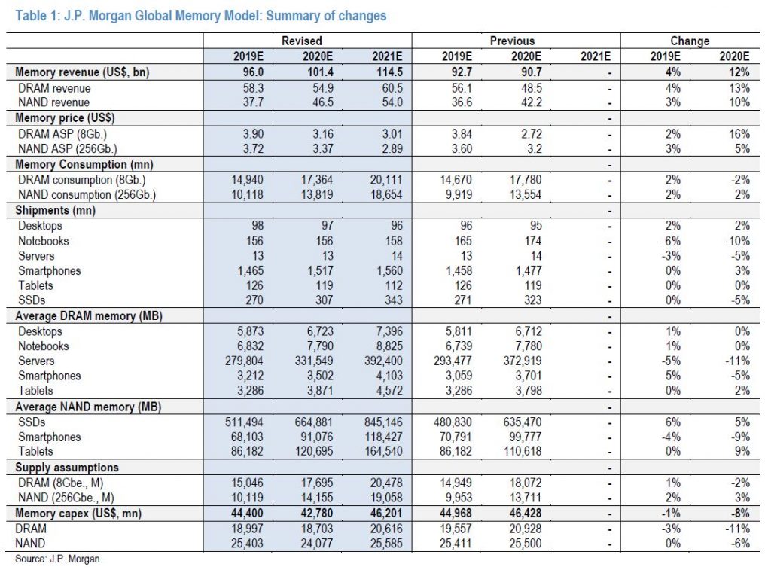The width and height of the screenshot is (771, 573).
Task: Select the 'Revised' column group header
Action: pos(302,41)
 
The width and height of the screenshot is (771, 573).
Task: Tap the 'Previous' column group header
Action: pos(512,41)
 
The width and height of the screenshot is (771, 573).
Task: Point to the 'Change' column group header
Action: pos(690,41)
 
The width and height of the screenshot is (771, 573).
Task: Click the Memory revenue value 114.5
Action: pos(389,72)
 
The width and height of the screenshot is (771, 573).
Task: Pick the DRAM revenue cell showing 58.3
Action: pos(253,88)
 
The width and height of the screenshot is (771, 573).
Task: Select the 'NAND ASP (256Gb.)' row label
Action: pos(67,148)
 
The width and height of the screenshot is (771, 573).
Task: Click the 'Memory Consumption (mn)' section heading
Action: pos(84,164)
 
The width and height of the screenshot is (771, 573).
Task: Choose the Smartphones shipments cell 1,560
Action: pos(386,270)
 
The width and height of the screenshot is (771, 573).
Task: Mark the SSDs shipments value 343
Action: pos(393,300)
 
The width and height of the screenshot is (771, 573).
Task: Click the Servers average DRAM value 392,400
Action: pos(383,361)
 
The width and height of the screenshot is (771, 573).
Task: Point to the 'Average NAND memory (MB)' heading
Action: pos(88,407)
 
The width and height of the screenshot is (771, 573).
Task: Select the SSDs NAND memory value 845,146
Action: pos(383,422)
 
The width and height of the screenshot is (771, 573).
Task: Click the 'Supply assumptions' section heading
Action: pos(67,468)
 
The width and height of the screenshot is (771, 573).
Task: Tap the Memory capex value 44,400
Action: pos(247,513)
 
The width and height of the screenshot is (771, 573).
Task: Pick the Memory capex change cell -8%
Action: pos(739,513)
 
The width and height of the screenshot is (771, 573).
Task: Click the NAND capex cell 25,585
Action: pos(386,543)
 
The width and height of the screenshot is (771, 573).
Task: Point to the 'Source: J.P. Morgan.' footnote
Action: pos(59,559)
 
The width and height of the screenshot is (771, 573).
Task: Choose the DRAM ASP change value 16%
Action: pos(739,134)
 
